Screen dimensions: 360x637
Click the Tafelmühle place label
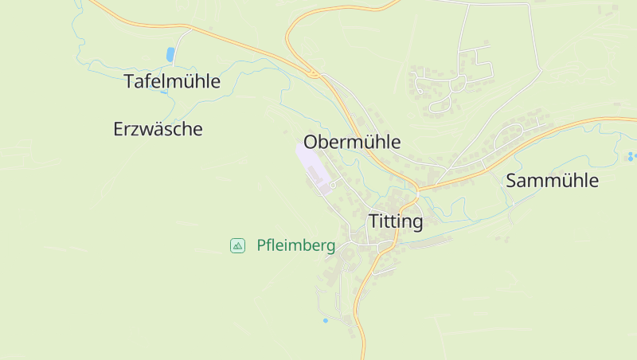172,81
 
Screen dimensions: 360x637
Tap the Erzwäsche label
158,129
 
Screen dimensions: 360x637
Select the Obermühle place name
352,142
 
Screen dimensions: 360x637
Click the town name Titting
395,221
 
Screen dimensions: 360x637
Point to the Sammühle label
552,181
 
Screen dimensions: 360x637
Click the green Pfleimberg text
295,245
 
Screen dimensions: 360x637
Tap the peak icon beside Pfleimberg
237,245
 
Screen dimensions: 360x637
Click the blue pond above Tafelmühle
170,54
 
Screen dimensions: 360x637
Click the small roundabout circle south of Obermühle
332,185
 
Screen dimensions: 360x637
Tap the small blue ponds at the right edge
631,156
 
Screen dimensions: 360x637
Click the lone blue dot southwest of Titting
325,320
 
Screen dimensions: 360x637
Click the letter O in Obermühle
312,142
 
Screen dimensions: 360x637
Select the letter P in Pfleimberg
261,245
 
